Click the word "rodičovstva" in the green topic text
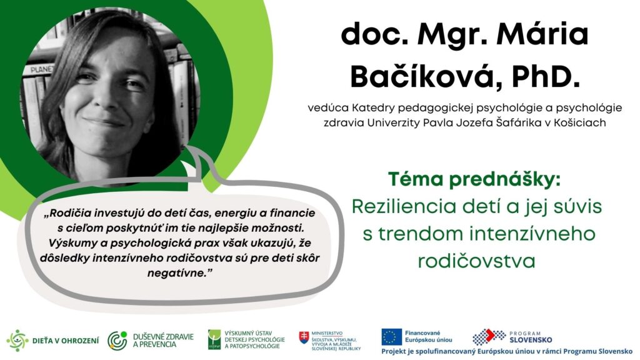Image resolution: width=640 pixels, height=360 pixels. point(476,261)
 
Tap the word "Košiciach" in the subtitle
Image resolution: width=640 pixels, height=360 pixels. point(579,122)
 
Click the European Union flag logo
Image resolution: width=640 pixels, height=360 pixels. point(391,337)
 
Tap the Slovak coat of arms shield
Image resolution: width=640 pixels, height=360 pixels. point(304,337)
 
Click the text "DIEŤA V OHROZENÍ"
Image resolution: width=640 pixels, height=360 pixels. point(65,341)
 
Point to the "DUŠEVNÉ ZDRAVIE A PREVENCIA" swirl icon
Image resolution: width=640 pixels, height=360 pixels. point(117,341)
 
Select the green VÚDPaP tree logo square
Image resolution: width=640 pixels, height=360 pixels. point(214,339)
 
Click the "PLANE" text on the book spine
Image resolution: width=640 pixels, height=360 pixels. point(42,70)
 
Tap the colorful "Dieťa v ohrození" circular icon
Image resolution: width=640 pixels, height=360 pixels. point(17,341)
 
